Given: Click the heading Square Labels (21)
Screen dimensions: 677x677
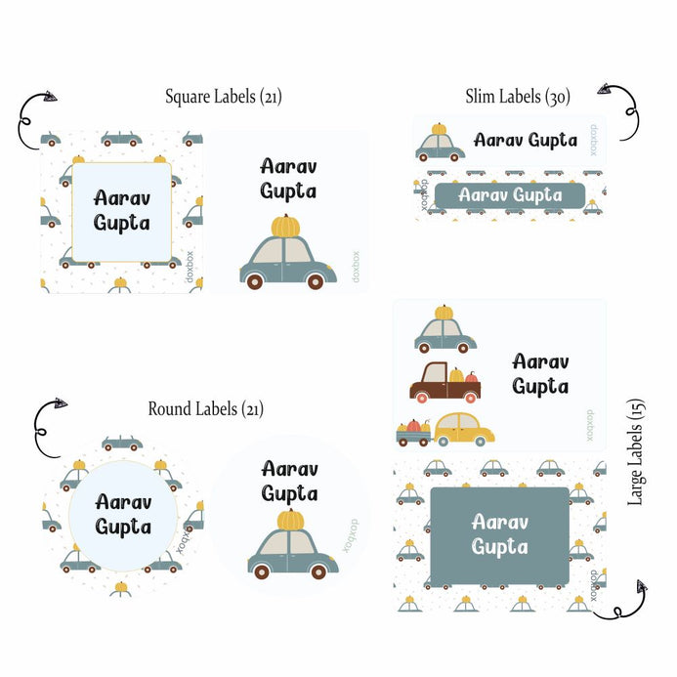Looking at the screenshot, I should coord(224,97).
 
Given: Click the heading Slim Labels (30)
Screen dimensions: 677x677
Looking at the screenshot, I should coord(517,96).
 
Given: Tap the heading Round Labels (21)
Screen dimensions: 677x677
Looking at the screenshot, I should coord(205,408).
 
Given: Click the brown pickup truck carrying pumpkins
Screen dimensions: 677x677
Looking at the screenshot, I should coord(444,383).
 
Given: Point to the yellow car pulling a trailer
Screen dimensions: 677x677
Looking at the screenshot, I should coord(462,428).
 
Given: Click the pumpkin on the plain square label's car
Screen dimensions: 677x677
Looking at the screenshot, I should coord(284,227).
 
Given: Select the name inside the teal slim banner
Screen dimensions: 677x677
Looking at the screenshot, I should coord(510,194).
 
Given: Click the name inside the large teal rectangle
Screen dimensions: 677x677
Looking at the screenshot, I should coord(499,533).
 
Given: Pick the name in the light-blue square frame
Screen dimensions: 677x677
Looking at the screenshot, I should coord(122,209).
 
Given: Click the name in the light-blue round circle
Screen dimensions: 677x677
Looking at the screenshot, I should coord(123,514).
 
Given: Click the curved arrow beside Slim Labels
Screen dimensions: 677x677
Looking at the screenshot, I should coord(622,108).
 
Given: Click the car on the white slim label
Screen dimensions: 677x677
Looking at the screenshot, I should coord(440,144).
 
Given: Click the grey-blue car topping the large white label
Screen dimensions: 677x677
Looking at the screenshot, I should coord(444,330).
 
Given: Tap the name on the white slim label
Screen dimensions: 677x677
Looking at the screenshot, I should coord(526,140).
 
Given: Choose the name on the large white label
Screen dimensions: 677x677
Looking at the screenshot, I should coord(540,373).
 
